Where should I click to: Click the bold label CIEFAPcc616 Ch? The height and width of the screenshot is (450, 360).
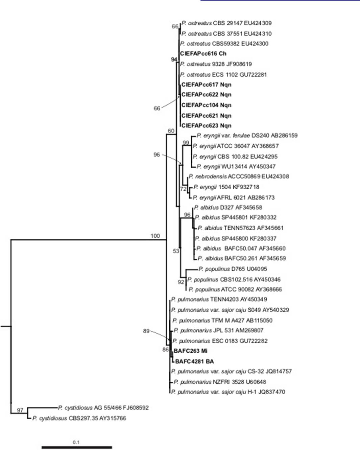203,53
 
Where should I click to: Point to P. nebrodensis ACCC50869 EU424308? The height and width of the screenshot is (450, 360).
239,176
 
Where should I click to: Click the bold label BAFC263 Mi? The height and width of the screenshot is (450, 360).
190,351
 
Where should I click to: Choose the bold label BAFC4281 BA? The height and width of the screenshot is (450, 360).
194,361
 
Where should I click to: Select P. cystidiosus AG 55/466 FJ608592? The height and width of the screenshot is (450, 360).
103,407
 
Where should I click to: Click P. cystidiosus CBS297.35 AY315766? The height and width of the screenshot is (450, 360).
79,418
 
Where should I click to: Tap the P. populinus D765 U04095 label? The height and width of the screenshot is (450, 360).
233,269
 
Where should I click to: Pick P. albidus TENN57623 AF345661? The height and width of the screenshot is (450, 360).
240,228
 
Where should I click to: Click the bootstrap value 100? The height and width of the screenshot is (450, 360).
155,236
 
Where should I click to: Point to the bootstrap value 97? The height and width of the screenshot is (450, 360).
20,410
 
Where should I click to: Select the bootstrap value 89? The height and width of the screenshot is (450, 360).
146,331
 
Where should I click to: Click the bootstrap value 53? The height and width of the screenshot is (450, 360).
176,251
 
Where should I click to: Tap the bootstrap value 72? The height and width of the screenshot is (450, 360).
183,189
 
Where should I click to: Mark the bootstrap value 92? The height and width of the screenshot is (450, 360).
181,282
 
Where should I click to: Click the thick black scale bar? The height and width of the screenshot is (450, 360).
77,447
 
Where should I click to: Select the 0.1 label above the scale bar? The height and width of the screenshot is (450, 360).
76,442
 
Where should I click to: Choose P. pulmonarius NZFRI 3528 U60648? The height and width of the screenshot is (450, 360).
220,382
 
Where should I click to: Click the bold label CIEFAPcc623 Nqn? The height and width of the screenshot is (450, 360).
206,125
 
